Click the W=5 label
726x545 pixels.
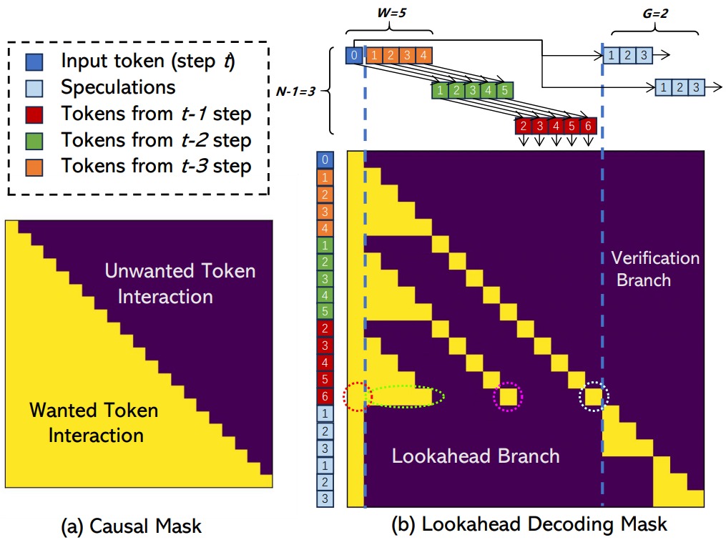[389, 12]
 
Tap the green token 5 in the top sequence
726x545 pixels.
[504, 91]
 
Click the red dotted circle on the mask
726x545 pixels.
[358, 396]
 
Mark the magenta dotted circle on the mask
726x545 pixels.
[508, 396]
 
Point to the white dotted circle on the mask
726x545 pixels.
[593, 396]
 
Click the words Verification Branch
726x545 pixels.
[654, 268]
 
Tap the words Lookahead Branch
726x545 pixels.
[475, 456]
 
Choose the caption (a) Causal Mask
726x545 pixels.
[132, 527]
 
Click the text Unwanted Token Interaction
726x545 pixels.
[180, 283]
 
